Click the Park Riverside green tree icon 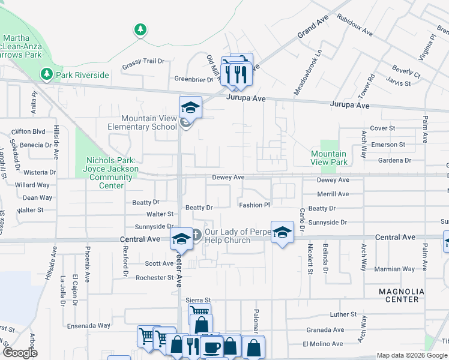[46, 74]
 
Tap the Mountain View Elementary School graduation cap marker [190, 107]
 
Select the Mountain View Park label [328, 158]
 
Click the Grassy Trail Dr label [143, 61]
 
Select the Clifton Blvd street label [28, 131]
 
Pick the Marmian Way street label [395, 269]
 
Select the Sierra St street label [199, 300]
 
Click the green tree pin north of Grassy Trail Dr [140, 29]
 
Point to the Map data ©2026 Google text [412, 355]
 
